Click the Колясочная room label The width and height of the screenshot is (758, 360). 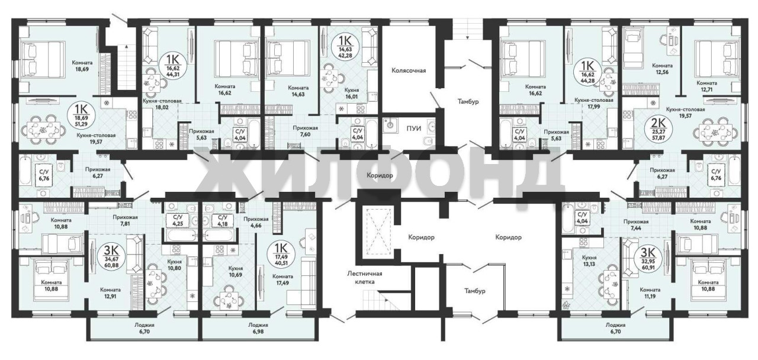pos(409,70)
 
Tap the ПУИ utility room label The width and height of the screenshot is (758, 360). pos(414,128)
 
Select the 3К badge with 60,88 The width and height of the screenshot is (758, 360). pos(111,256)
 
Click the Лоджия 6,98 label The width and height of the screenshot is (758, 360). pos(258,328)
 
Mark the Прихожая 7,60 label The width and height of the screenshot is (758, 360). pos(305,131)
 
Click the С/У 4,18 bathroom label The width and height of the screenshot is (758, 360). pos(222,221)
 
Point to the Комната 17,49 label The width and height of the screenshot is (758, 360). pos(282,280)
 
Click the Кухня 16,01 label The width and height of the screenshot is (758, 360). pos(352,94)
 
